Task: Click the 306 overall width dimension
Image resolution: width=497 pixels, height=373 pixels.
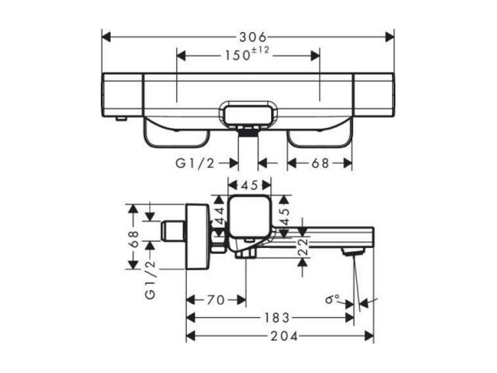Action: (253, 37)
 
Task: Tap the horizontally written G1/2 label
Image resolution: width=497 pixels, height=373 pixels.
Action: (195, 163)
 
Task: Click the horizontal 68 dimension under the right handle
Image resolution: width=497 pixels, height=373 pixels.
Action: (320, 163)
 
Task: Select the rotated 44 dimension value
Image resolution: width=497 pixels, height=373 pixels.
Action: (219, 215)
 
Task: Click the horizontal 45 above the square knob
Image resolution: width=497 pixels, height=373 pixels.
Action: (249, 185)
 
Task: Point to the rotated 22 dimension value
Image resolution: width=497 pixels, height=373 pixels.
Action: (303, 246)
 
